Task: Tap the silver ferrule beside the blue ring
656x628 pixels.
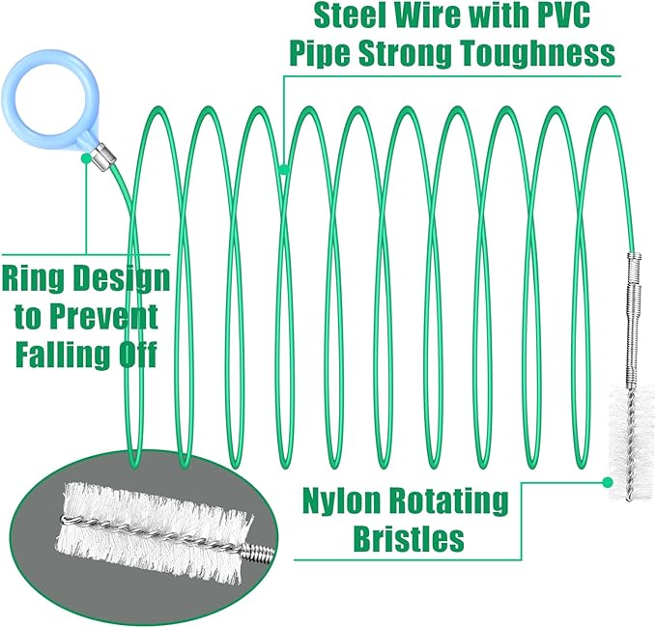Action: click(103, 157)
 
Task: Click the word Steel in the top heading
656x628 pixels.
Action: click(351, 15)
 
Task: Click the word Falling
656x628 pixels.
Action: click(63, 354)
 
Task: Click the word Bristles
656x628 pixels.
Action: click(409, 538)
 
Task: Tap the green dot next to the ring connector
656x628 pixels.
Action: click(86, 158)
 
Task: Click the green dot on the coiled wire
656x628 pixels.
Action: click(284, 169)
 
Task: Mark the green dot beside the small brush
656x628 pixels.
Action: click(608, 482)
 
